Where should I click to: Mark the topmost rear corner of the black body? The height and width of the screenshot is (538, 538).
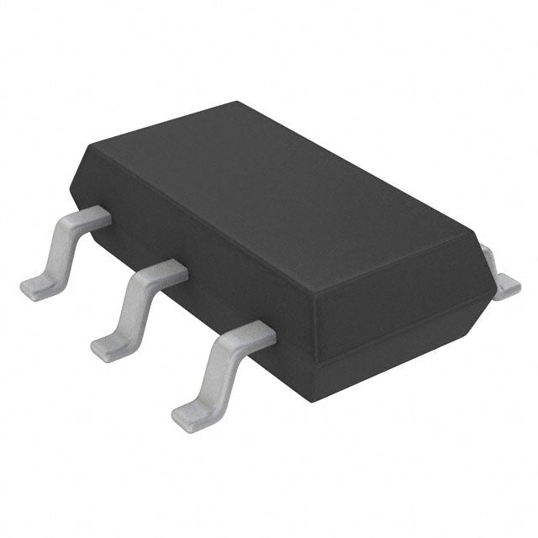pos(238,103)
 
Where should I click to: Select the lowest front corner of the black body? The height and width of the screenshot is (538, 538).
pos(323,371)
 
